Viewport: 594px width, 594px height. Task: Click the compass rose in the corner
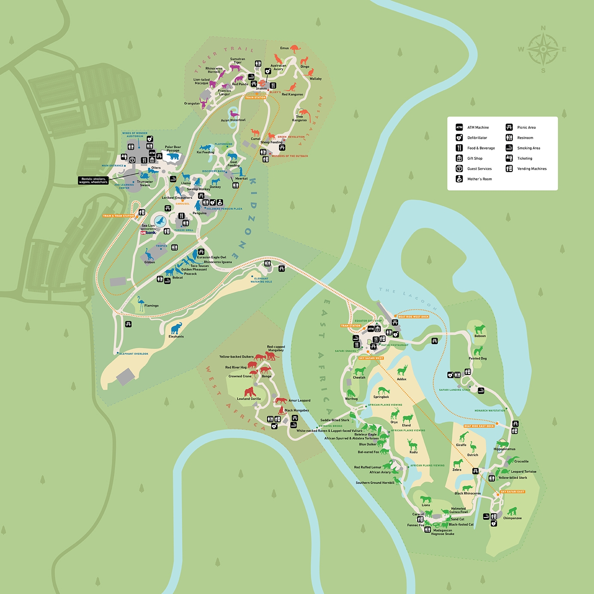click(x=543, y=49)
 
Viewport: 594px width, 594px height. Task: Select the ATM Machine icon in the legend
click(x=459, y=128)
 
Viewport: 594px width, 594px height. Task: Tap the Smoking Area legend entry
click(x=528, y=148)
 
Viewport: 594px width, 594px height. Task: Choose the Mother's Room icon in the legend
click(x=459, y=179)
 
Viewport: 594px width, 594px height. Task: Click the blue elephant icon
click(x=176, y=329)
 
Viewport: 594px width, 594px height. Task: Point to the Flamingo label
click(x=151, y=306)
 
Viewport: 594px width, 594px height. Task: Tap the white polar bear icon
click(x=173, y=156)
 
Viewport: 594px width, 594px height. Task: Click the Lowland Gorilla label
click(x=249, y=399)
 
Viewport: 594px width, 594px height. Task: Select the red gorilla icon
click(x=250, y=392)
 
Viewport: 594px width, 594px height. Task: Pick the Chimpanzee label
click(x=512, y=518)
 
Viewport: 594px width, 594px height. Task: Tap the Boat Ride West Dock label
click(x=413, y=317)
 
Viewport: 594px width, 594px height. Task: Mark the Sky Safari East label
click(x=512, y=492)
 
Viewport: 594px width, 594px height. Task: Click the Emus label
click(x=284, y=48)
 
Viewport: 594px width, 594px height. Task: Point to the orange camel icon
click(x=256, y=133)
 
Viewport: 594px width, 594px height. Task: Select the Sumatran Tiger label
click(x=238, y=61)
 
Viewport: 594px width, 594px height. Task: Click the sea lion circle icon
click(x=160, y=221)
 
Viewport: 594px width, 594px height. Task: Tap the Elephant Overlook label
click(x=134, y=354)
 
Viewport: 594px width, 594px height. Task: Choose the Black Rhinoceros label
click(x=468, y=493)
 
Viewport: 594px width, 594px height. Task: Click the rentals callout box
click(x=93, y=180)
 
